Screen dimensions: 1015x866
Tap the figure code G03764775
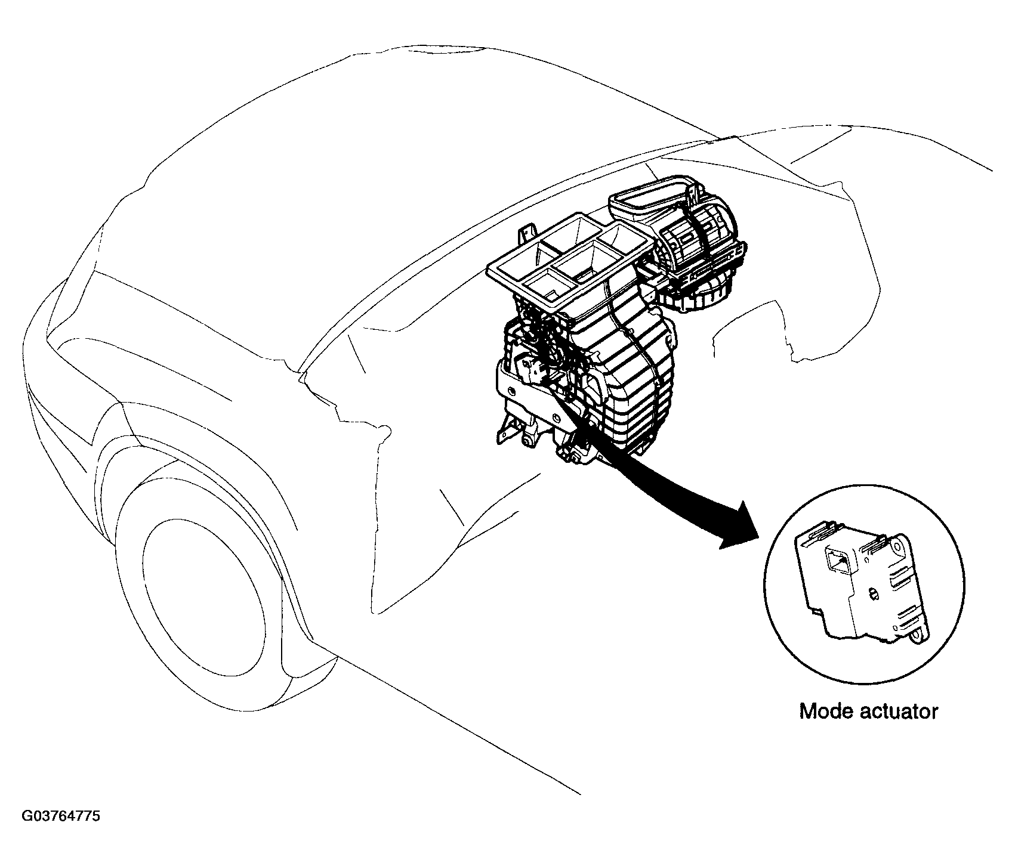61,816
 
